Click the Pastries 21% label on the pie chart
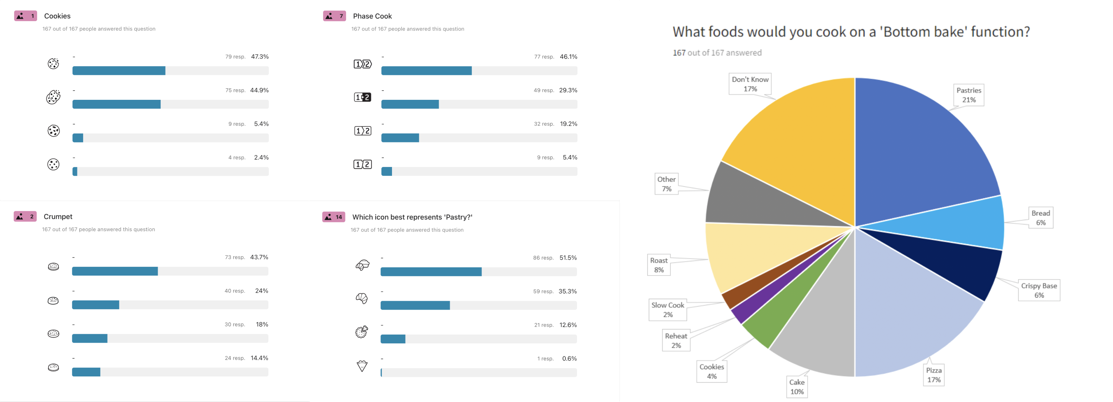[x=968, y=95]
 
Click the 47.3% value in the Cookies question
[x=260, y=57]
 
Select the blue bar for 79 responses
[x=119, y=71]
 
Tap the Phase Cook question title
[x=372, y=16]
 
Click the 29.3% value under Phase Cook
[x=568, y=90]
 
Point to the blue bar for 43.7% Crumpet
[x=115, y=271]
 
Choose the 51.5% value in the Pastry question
[x=568, y=258]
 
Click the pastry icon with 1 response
[x=362, y=366]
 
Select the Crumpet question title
[x=58, y=217]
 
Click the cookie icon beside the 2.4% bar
[x=53, y=164]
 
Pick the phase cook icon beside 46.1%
[x=362, y=64]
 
